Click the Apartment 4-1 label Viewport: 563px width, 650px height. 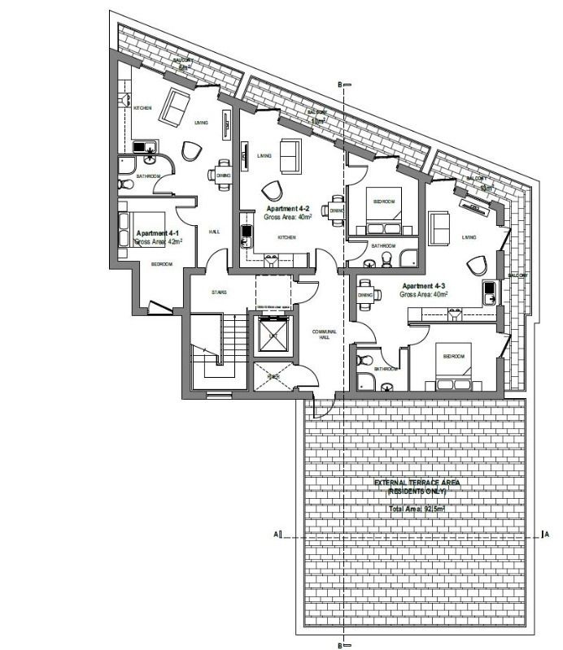click(x=159, y=232)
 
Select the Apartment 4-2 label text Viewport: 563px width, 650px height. click(x=288, y=209)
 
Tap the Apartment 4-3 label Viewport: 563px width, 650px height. click(x=423, y=286)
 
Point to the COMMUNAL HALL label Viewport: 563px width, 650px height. click(x=330, y=334)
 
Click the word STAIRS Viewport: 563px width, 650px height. click(x=218, y=292)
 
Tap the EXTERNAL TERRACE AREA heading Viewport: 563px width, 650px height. click(x=417, y=483)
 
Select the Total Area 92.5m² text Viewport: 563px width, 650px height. click(x=417, y=508)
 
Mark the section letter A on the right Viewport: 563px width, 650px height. click(x=546, y=535)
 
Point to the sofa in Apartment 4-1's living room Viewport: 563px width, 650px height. click(x=175, y=106)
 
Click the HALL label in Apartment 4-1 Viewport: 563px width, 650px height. click(x=214, y=232)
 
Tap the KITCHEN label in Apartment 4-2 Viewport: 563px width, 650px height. click(x=286, y=238)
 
